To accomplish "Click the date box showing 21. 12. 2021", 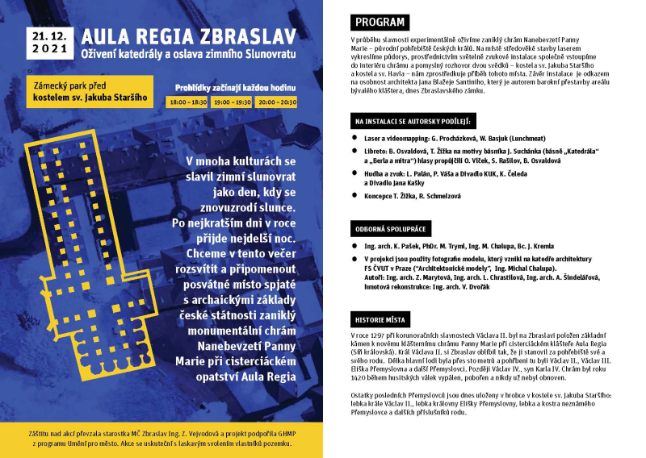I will pyautogui.click(x=42, y=42).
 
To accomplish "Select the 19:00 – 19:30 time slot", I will pyautogui.click(x=232, y=102).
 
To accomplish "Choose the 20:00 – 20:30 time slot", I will pyautogui.click(x=277, y=102).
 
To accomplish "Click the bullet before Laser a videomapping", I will pyautogui.click(x=355, y=139).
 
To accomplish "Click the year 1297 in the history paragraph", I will pyautogui.click(x=380, y=334).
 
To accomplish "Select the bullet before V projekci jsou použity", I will pyautogui.click(x=355, y=259).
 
